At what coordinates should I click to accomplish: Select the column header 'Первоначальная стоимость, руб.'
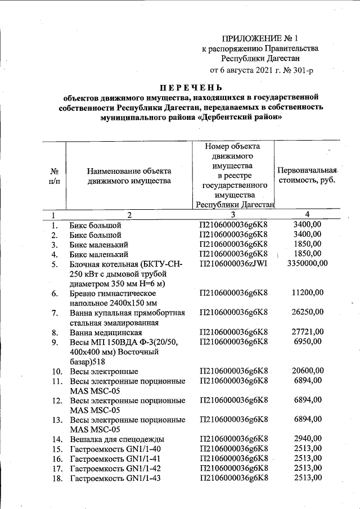(307, 175)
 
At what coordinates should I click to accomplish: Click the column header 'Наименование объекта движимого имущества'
(129, 175)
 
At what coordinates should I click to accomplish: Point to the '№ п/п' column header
(55, 175)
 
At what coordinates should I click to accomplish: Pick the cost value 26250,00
(308, 312)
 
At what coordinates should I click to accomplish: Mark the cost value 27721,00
(308, 332)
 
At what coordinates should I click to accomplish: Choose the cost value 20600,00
(308, 370)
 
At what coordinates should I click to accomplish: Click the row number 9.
(55, 341)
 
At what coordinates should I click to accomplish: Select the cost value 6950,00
(308, 341)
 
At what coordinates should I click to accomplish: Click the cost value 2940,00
(308, 439)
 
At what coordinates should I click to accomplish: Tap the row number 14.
(56, 439)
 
